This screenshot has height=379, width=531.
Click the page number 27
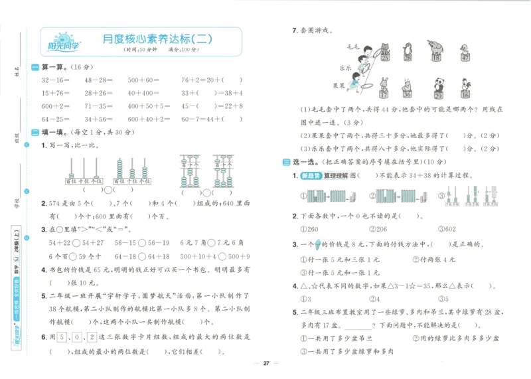[265, 363]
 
